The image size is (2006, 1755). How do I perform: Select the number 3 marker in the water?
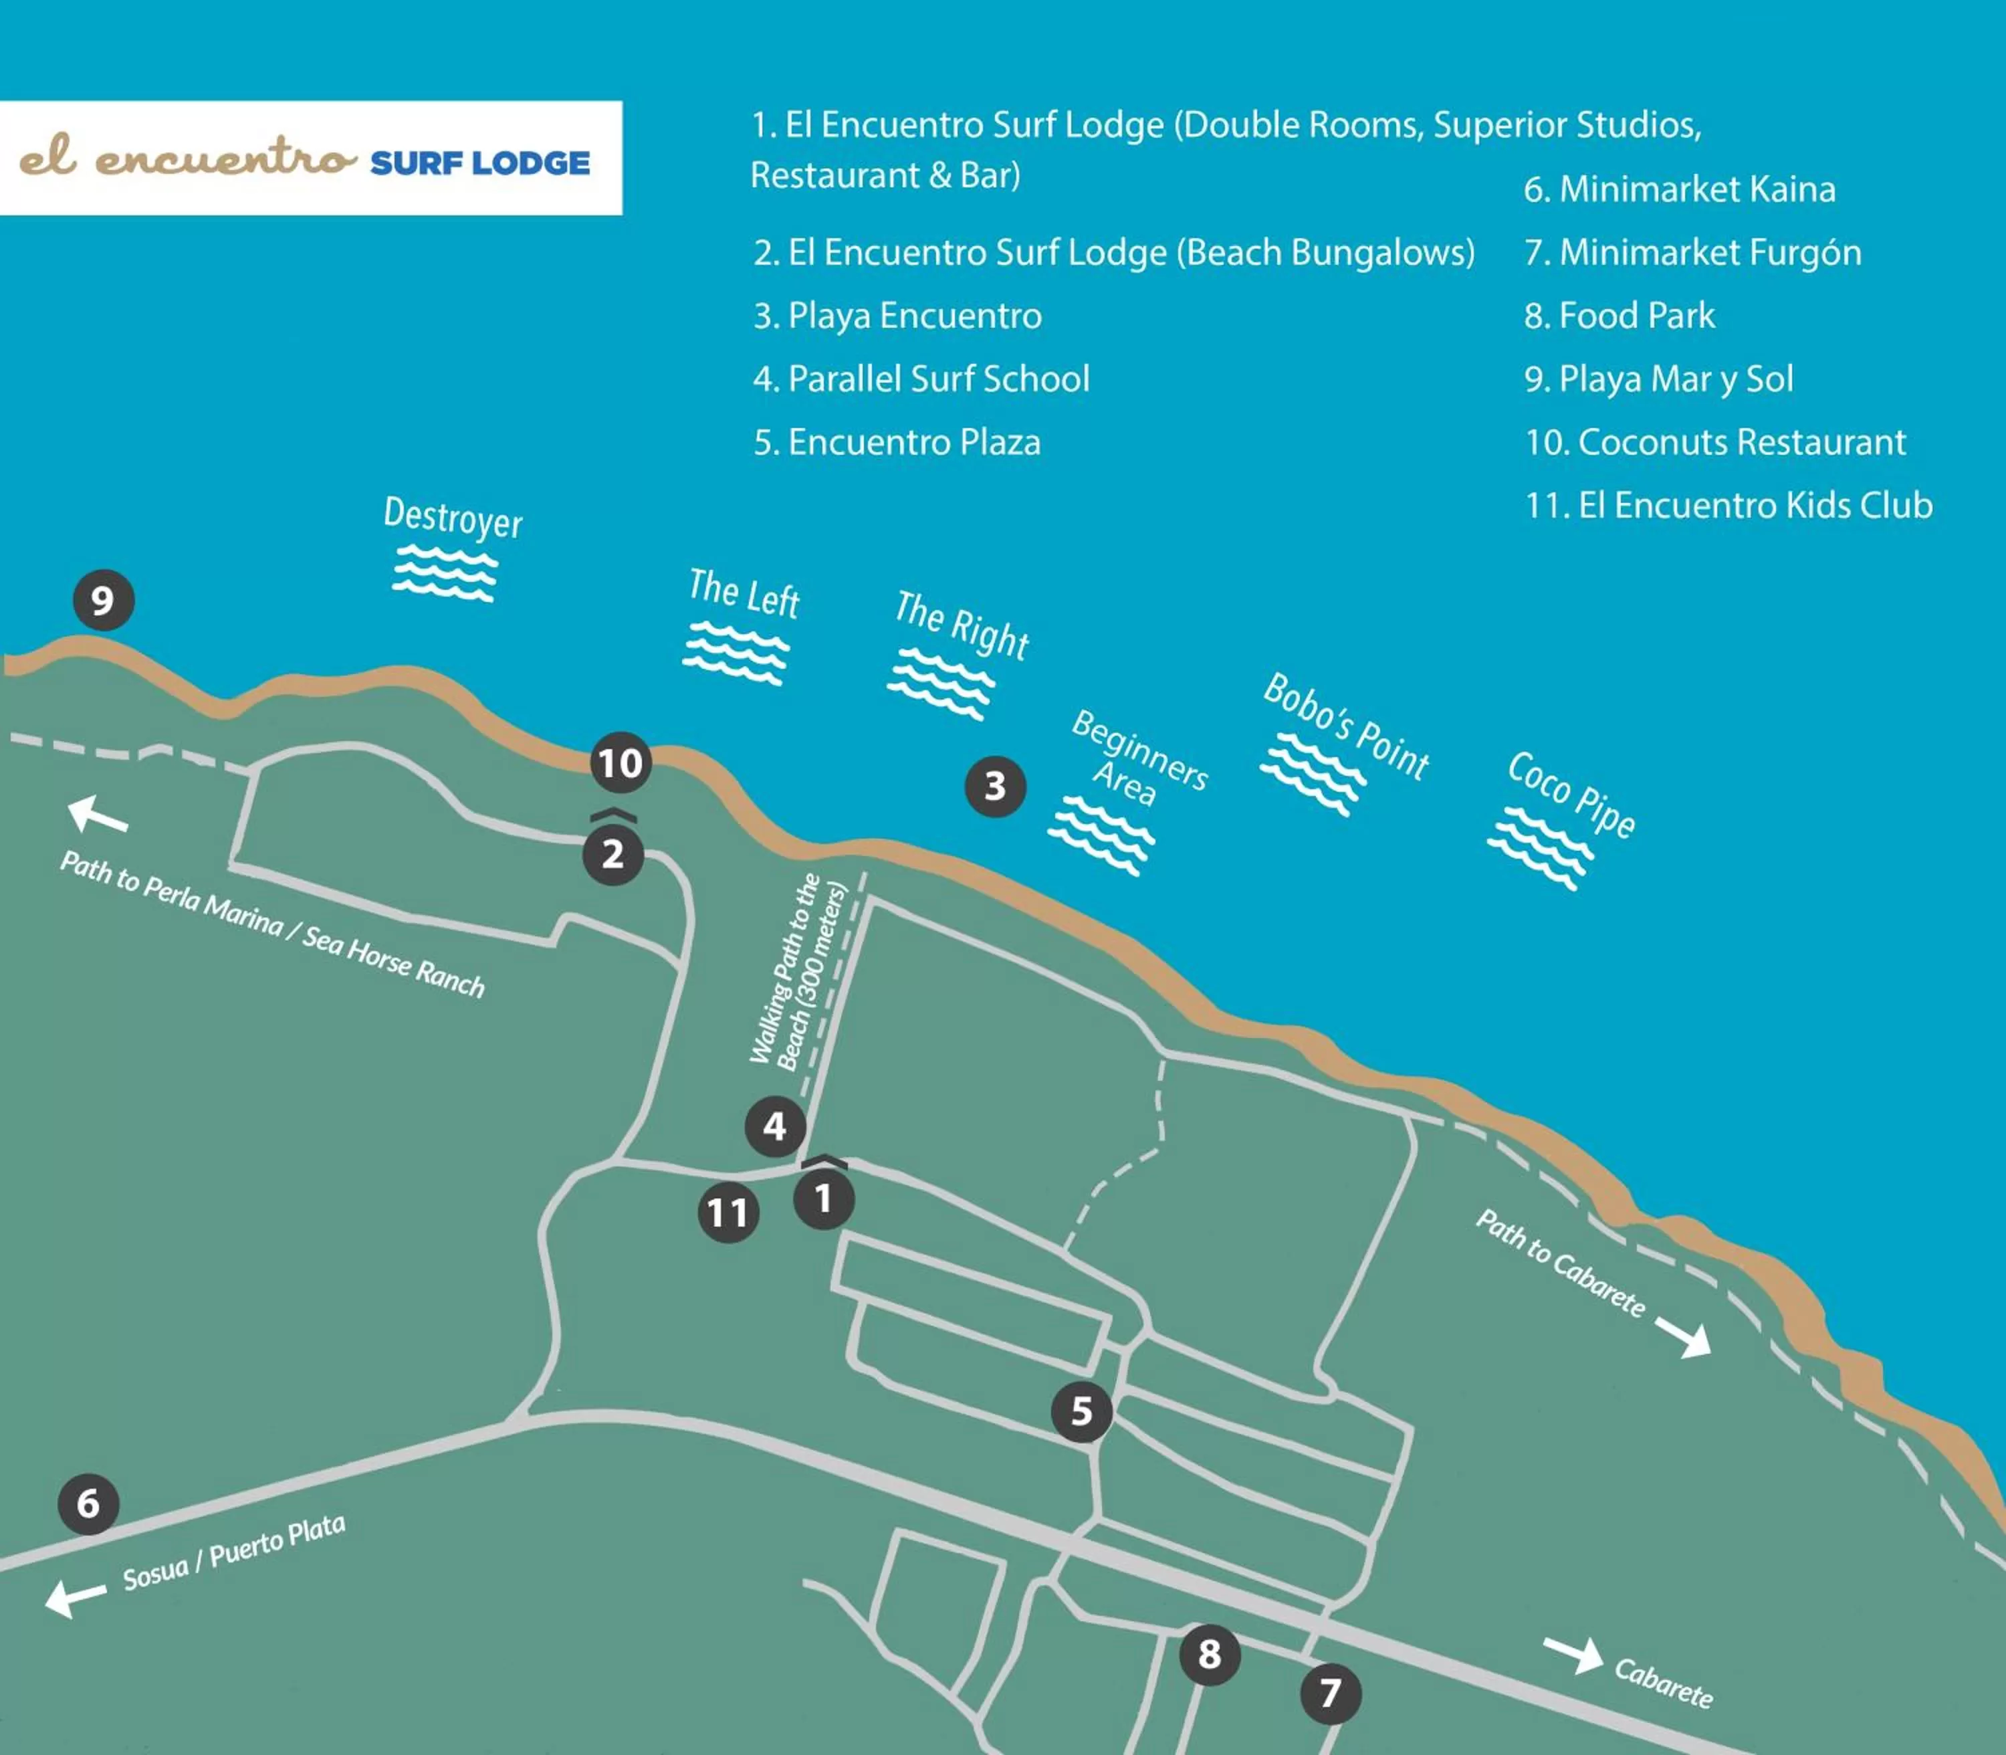[x=995, y=785]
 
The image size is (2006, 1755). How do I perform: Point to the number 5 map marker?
[x=1081, y=1411]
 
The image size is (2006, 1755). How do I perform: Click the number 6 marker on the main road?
[x=88, y=1504]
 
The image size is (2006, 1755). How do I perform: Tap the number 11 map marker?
[x=728, y=1213]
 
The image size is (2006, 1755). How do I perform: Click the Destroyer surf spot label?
[x=452, y=516]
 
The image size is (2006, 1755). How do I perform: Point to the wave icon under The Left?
[x=736, y=651]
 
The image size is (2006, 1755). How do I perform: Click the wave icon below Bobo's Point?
[x=1312, y=774]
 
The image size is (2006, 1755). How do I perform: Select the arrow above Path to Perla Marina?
[x=97, y=814]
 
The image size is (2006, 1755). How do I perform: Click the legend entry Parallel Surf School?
[x=921, y=379]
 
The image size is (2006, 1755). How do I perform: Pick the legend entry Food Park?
[x=1620, y=316]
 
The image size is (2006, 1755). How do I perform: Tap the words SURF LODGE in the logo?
[x=479, y=163]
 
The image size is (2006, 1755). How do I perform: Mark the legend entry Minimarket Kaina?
[x=1679, y=189]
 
